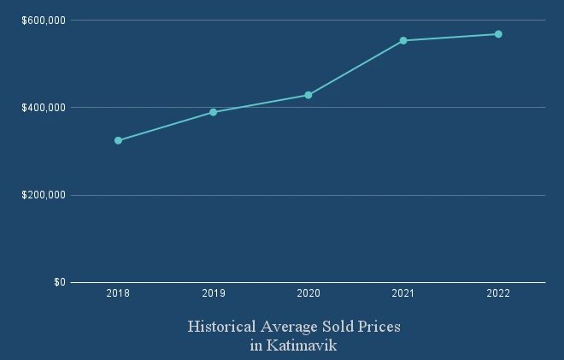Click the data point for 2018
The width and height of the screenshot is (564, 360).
(118, 140)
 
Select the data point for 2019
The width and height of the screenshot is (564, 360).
(213, 112)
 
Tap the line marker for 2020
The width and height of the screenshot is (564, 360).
(308, 95)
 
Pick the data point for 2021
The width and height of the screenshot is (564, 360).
(403, 40)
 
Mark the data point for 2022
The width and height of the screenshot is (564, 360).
(498, 34)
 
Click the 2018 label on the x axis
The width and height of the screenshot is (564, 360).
(118, 294)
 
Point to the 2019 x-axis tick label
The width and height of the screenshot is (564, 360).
(213, 294)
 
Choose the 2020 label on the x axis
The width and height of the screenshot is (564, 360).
(308, 294)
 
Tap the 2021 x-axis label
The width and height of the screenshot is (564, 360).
(403, 294)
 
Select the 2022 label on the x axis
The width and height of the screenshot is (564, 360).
(498, 294)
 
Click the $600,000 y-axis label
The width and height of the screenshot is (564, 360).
(44, 20)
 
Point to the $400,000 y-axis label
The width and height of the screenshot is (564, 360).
(44, 108)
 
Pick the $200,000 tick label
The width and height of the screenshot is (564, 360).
(44, 195)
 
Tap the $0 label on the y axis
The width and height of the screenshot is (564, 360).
(59, 282)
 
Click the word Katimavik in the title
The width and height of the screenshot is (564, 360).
(302, 346)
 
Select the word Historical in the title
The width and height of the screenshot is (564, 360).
(220, 328)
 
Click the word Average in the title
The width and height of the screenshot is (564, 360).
(288, 328)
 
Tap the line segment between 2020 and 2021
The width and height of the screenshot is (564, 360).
(355, 68)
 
